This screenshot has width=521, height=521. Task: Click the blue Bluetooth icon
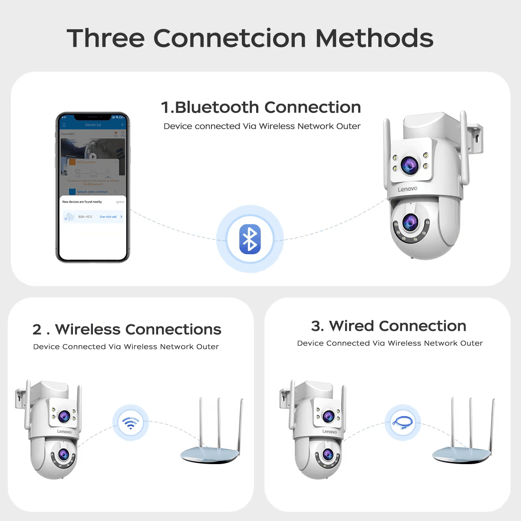[250, 239]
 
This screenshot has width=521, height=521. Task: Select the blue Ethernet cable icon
[402, 422]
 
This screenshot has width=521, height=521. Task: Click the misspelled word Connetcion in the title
[230, 38]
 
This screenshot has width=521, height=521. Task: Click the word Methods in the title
[374, 38]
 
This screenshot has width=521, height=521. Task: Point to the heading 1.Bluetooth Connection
[261, 107]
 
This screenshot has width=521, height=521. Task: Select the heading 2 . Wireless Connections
[127, 330]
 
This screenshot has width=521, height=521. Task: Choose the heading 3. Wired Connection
[389, 326]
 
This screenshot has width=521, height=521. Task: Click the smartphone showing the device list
[93, 188]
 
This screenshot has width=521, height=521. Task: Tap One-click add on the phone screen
[109, 217]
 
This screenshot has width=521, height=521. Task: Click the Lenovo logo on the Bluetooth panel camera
[407, 189]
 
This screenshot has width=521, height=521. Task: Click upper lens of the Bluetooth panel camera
[409, 164]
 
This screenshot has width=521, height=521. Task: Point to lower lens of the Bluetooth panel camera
[410, 222]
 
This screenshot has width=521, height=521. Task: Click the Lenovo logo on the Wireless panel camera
[64, 431]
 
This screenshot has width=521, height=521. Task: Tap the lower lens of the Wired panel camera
[328, 455]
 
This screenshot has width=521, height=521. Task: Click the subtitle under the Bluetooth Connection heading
[262, 126]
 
